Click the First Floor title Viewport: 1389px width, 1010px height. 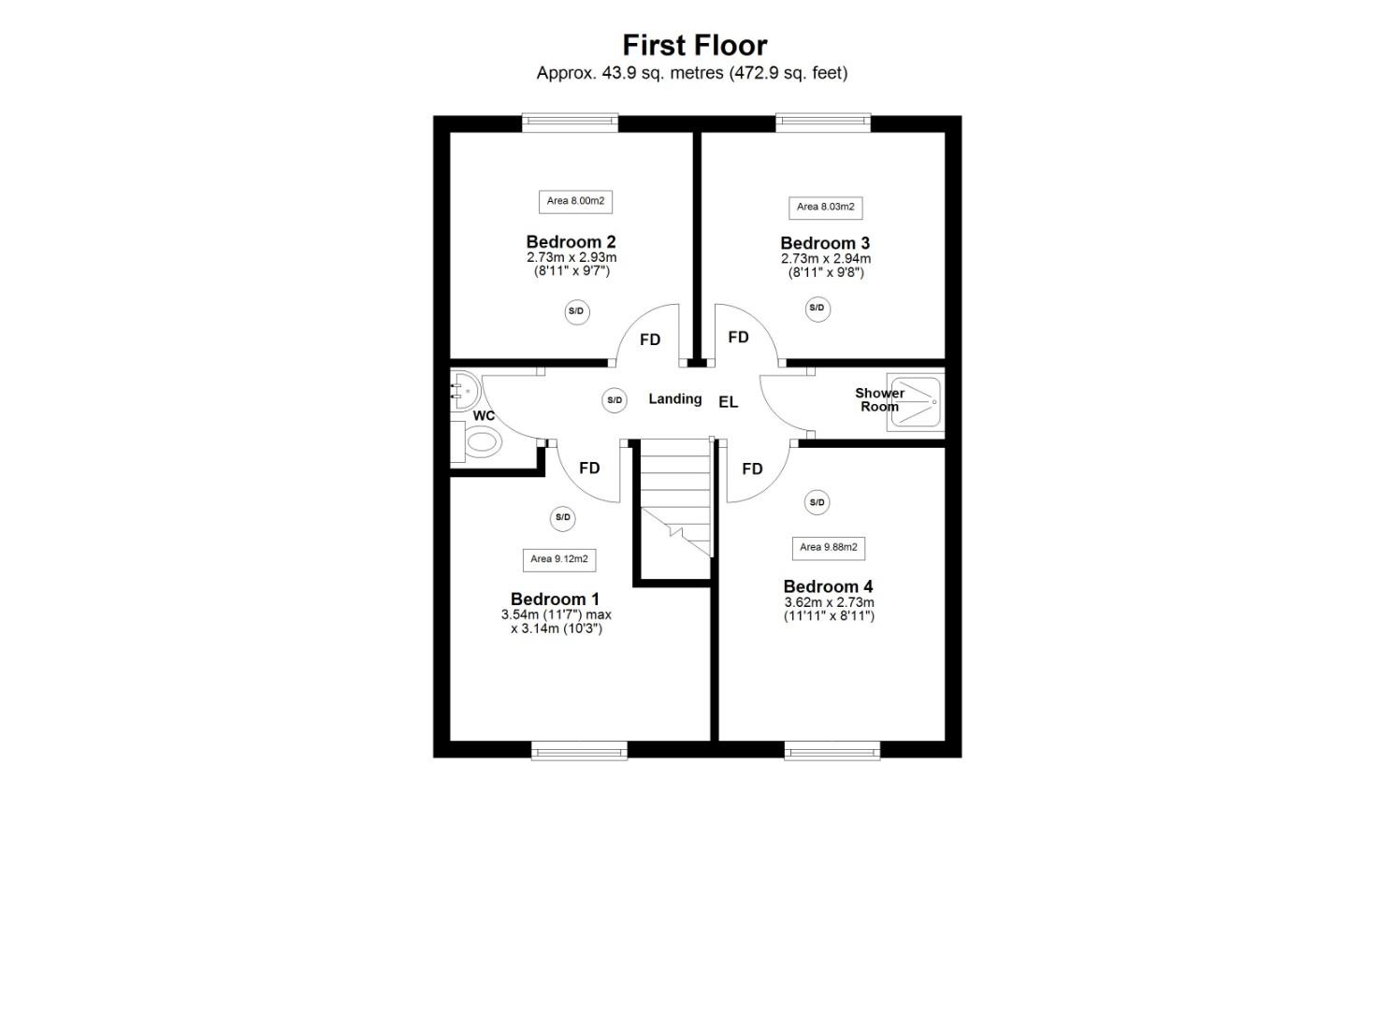pyautogui.click(x=694, y=45)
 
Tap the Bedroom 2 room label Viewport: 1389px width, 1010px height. pyautogui.click(x=571, y=241)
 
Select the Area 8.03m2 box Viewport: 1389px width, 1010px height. pyautogui.click(x=825, y=207)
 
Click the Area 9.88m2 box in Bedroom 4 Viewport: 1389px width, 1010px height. pyautogui.click(x=828, y=547)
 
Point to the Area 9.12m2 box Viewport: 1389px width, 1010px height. pyautogui.click(x=558, y=559)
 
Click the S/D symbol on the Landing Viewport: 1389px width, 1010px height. pyautogui.click(x=615, y=400)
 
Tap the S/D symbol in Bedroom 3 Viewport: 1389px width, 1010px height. pyautogui.click(x=817, y=309)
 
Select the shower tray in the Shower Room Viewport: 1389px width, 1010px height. pyautogui.click(x=915, y=402)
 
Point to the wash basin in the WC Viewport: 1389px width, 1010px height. pyautogui.click(x=463, y=389)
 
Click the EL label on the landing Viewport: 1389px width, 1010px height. pyautogui.click(x=728, y=402)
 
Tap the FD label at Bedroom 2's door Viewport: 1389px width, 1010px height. pyautogui.click(x=650, y=339)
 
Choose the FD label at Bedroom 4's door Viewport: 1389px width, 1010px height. pyautogui.click(x=752, y=469)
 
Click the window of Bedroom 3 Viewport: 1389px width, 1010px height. pyautogui.click(x=823, y=122)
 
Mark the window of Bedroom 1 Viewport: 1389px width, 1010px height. pyautogui.click(x=579, y=750)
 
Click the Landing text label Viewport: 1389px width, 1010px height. pyautogui.click(x=674, y=398)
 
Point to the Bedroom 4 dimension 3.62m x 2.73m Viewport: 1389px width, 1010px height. pyautogui.click(x=829, y=602)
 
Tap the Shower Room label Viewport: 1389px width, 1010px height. pyautogui.click(x=879, y=399)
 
